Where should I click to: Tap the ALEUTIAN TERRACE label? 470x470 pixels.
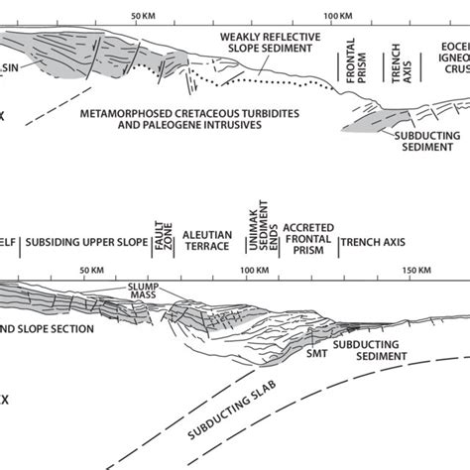[x=207, y=241]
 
